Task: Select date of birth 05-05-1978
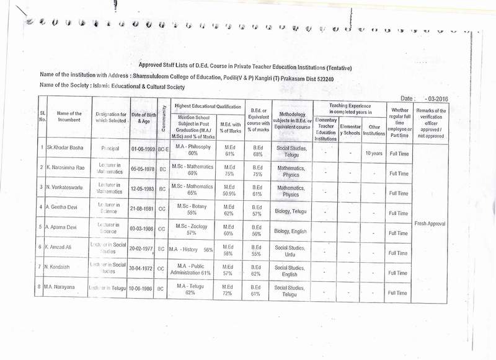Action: point(143,167)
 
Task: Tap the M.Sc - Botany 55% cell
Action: point(191,209)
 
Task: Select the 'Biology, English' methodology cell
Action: point(289,232)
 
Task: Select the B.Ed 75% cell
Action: point(257,171)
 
